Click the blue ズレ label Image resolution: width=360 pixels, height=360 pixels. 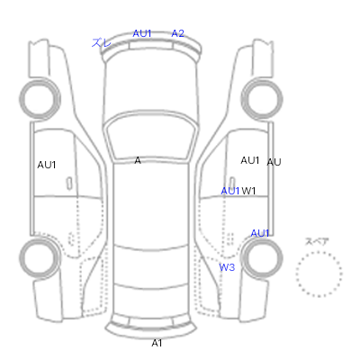pos(101,42)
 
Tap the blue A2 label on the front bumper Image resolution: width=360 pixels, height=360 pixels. pos(177,33)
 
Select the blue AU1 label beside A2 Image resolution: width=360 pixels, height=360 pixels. pos(142,33)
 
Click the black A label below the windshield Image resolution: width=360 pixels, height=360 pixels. pos(138,160)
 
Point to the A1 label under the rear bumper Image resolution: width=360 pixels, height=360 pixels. pos(157,343)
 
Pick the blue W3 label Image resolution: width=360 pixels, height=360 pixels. pos(227,267)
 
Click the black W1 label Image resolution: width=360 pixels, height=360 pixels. pos(248,191)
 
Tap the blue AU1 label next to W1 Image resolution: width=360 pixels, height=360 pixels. pos(230,191)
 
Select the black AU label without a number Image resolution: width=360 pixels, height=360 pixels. pos(274,162)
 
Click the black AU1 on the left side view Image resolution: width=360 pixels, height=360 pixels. pos(47,165)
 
